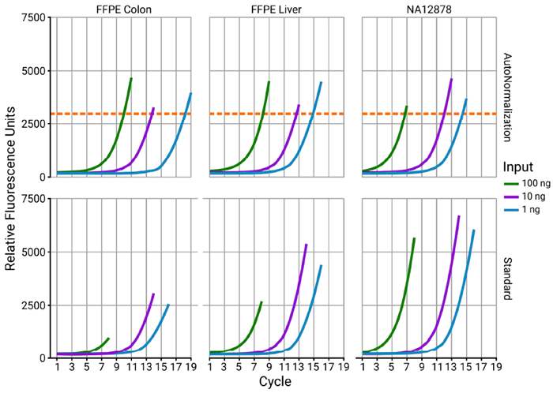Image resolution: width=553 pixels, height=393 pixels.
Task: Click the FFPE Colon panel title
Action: point(123,9)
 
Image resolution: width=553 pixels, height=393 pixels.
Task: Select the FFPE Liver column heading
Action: point(276,9)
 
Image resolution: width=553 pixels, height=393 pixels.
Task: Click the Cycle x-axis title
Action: point(276,382)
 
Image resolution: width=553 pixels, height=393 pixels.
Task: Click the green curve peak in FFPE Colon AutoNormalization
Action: point(131,79)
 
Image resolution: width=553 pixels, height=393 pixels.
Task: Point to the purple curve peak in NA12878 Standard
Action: point(459,216)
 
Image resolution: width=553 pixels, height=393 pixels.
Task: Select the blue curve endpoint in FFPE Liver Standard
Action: point(321,266)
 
